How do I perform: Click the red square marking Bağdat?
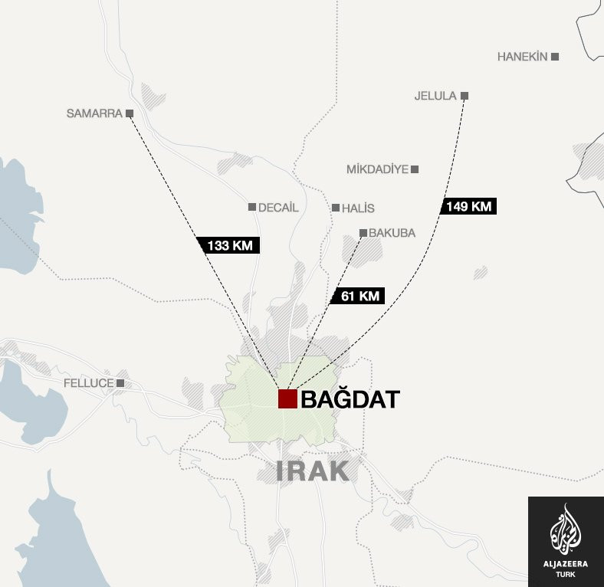[x=287, y=398]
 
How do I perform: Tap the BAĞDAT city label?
[x=350, y=399]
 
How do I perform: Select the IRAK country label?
[x=313, y=471]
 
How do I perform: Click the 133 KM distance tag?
[x=230, y=245]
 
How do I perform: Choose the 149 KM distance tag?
[x=469, y=206]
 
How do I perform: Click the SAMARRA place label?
[x=94, y=113]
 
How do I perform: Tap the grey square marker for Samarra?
[x=130, y=113]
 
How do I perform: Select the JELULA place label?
[x=435, y=96]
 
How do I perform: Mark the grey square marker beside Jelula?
[x=464, y=96]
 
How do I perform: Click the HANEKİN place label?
[x=523, y=57]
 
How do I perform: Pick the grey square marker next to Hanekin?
[x=555, y=57]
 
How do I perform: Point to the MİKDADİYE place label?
[x=377, y=169]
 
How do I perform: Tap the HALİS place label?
[x=358, y=208]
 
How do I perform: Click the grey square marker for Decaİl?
[x=251, y=207]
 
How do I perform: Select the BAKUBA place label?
[x=392, y=233]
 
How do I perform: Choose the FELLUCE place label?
[x=88, y=382]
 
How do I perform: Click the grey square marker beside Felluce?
[x=120, y=382]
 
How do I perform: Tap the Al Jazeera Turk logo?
[x=566, y=541]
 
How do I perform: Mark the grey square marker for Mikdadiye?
[x=415, y=169]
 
